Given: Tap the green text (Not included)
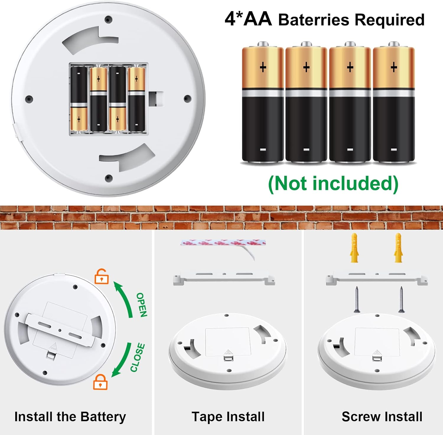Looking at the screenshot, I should point(333,183).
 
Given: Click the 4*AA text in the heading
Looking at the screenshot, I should point(248,19).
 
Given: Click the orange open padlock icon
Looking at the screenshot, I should point(101,277).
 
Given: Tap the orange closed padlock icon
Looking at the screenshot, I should point(100,382).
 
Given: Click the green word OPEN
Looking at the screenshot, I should point(141,305).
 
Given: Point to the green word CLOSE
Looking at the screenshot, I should point(138,357).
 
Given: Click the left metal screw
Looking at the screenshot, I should point(357,299).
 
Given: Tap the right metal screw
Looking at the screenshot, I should point(401,299).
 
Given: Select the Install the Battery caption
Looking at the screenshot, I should point(70,417).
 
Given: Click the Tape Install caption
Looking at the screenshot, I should point(228,417).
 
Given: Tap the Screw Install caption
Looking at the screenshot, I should point(382,417).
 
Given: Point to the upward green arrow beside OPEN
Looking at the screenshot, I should point(124,298).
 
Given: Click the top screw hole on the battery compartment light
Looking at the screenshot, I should point(108,20).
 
